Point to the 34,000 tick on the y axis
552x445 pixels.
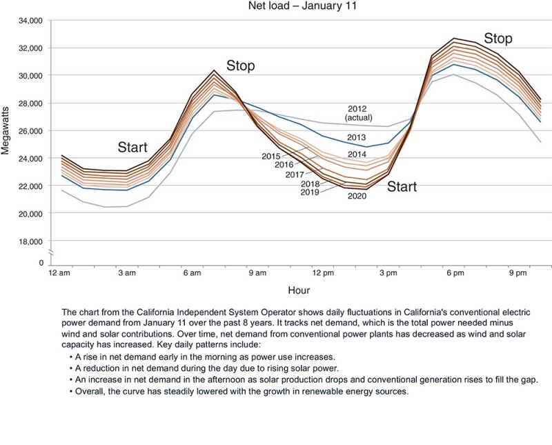(x=28, y=21)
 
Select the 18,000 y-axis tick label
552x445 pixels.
(x=28, y=241)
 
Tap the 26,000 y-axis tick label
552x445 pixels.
(x=28, y=131)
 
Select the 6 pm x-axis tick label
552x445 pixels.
(x=454, y=274)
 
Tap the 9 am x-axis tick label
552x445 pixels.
(x=257, y=274)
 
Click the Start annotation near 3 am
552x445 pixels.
(x=132, y=147)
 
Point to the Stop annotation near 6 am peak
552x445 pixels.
(x=240, y=66)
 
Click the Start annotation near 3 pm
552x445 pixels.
(x=402, y=186)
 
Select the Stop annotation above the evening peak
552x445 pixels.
(x=497, y=39)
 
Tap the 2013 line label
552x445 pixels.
(x=356, y=137)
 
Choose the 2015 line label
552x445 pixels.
(x=271, y=157)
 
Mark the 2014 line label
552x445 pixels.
(x=356, y=154)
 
